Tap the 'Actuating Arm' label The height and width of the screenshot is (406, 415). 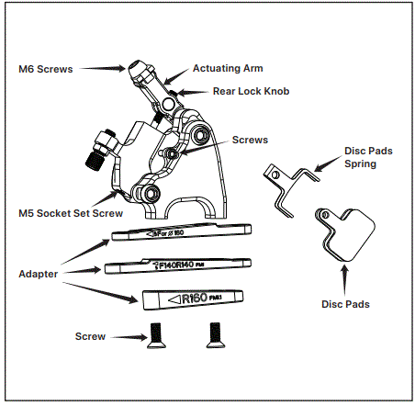[228, 68]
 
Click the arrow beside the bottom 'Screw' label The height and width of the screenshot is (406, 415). [124, 337]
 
